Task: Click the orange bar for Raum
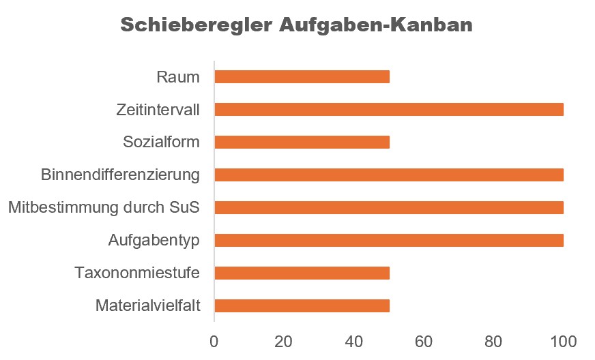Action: (302, 76)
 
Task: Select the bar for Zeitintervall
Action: (389, 109)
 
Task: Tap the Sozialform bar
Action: (302, 142)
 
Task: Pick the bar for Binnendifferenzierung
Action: (389, 175)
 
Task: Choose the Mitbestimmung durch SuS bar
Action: (389, 207)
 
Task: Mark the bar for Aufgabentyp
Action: (389, 240)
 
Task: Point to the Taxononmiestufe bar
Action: (302, 273)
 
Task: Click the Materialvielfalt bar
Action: (302, 305)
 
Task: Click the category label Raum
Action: (178, 76)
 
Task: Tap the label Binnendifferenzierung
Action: (120, 175)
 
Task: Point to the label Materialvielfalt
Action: (148, 305)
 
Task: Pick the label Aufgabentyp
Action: (154, 240)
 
